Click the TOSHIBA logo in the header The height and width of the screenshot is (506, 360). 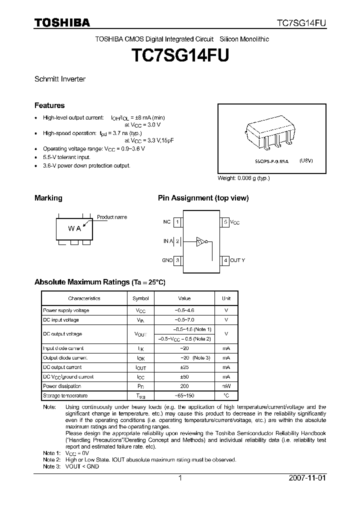62,22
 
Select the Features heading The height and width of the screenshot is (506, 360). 49,105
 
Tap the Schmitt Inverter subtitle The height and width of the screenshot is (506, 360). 59,79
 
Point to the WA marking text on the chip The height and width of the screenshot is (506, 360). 74,228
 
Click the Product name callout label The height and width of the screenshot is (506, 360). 112,217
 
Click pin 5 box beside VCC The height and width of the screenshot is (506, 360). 225,221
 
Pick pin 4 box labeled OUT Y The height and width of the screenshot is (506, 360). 225,260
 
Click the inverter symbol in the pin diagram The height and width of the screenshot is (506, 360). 201,241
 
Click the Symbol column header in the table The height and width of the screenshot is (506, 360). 140,298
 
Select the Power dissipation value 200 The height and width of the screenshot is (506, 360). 184,386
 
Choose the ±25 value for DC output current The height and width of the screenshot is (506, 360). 184,367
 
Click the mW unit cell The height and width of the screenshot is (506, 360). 226,386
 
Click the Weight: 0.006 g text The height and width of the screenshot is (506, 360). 243,178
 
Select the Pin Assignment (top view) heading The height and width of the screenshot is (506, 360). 203,198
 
